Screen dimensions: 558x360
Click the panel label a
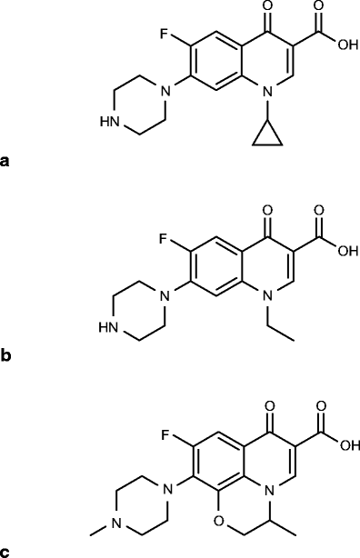pos(6,163)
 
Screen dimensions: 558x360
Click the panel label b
pos(6,356)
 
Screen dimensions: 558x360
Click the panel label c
pos(6,551)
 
